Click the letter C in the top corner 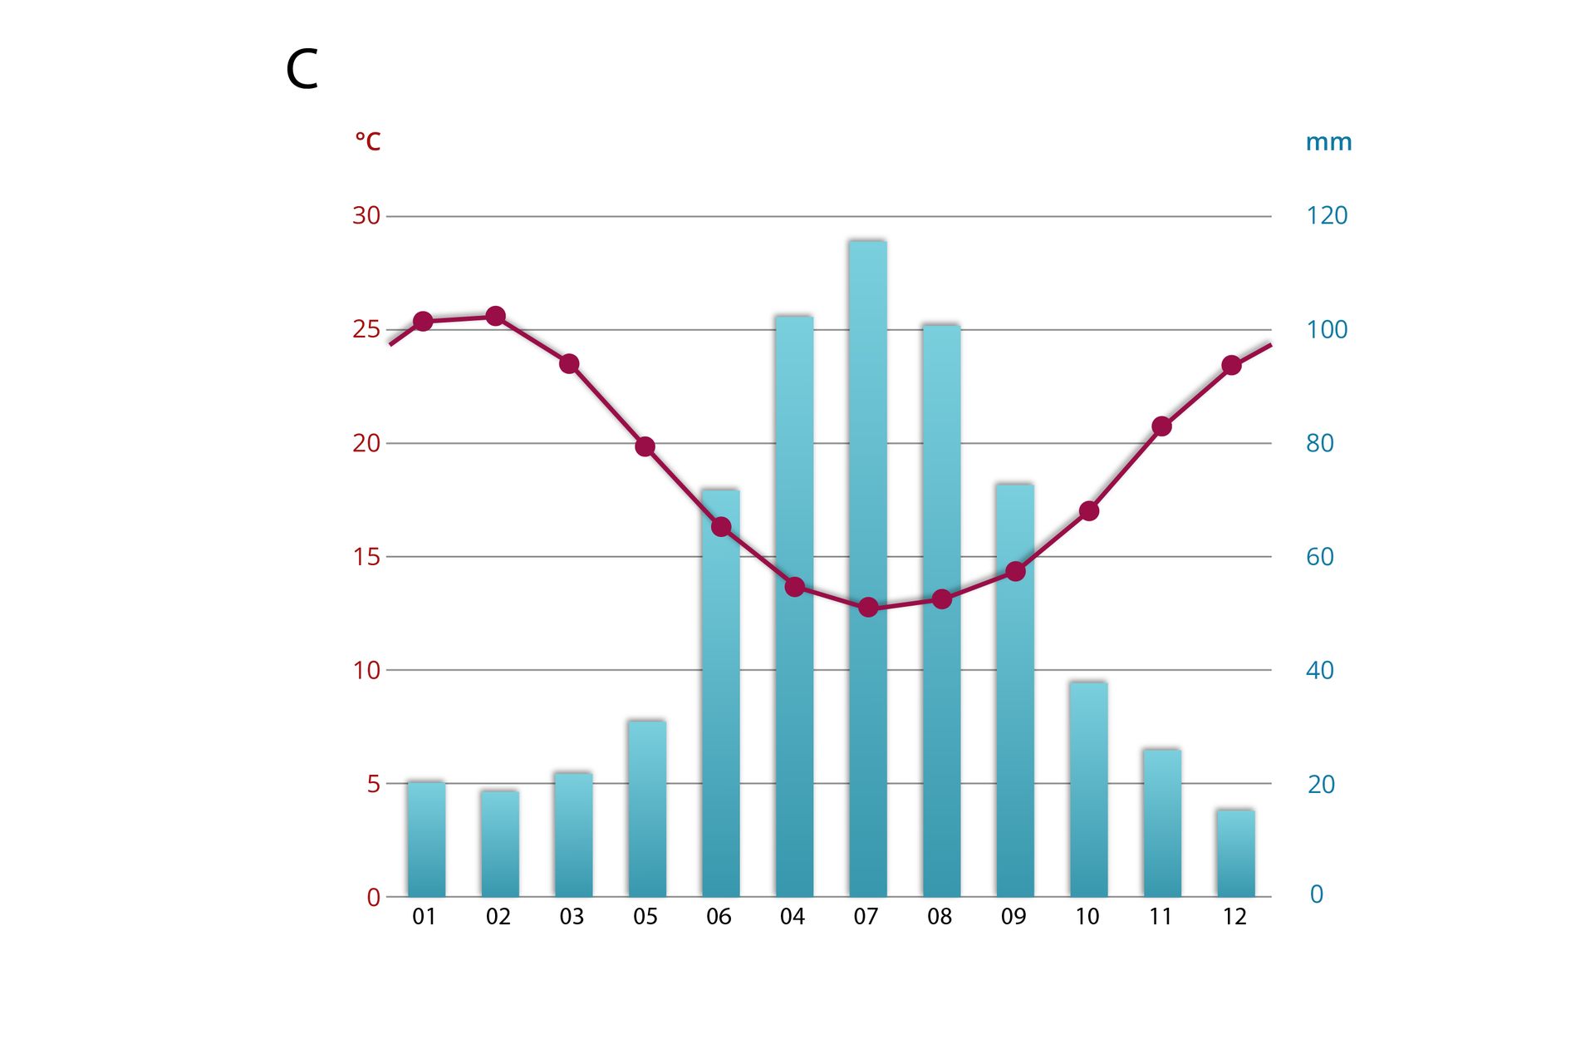point(302,69)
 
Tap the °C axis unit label point(367,141)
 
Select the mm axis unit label point(1328,142)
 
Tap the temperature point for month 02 point(496,316)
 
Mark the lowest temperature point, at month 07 point(868,608)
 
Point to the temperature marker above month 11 point(1162,426)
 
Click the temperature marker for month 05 point(645,447)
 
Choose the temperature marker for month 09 point(1015,571)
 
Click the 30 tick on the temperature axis point(366,216)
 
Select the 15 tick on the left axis point(366,557)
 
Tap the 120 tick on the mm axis point(1327,216)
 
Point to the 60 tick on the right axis point(1320,557)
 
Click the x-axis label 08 point(940,917)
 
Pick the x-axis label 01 point(425,917)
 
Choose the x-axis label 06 point(719,917)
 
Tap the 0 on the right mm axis point(1317,894)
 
